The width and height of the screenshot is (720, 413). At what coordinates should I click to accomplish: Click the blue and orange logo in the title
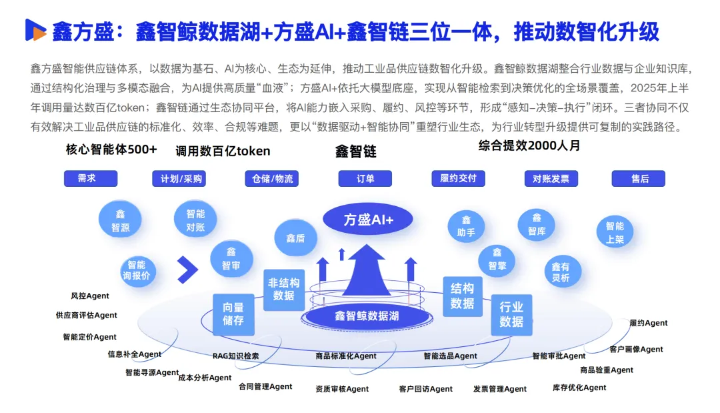tap(35, 30)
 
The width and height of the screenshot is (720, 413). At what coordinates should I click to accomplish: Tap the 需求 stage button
tap(91, 178)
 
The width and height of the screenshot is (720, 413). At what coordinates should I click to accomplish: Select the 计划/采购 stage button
tap(179, 178)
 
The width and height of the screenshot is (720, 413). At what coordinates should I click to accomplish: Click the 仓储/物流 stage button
tap(272, 178)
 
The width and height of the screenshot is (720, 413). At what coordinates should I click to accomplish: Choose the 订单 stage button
tap(365, 178)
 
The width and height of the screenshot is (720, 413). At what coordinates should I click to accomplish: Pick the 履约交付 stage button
tap(458, 178)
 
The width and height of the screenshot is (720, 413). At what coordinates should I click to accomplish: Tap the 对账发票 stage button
tap(551, 178)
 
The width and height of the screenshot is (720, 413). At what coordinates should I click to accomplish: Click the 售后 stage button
tap(638, 178)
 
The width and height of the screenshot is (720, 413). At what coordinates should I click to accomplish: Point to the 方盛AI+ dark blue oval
tap(368, 219)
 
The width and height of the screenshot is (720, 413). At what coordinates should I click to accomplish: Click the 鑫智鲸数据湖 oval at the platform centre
tap(367, 316)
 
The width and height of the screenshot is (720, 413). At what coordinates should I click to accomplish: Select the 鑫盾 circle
tap(295, 238)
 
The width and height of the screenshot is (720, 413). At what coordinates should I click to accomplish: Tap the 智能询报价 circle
tap(137, 270)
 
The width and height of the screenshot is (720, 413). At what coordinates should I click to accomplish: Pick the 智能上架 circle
tap(615, 232)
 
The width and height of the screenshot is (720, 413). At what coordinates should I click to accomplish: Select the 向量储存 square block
tap(233, 314)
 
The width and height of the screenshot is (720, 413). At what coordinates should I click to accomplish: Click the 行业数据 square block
tap(511, 315)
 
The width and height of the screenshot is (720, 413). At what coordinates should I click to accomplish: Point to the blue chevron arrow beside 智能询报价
tap(188, 270)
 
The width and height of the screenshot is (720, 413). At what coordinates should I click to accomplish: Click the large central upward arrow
tap(367, 270)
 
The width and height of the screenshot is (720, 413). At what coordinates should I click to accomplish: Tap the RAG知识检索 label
tap(235, 356)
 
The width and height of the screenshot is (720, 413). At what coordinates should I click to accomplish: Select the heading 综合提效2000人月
tap(529, 145)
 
